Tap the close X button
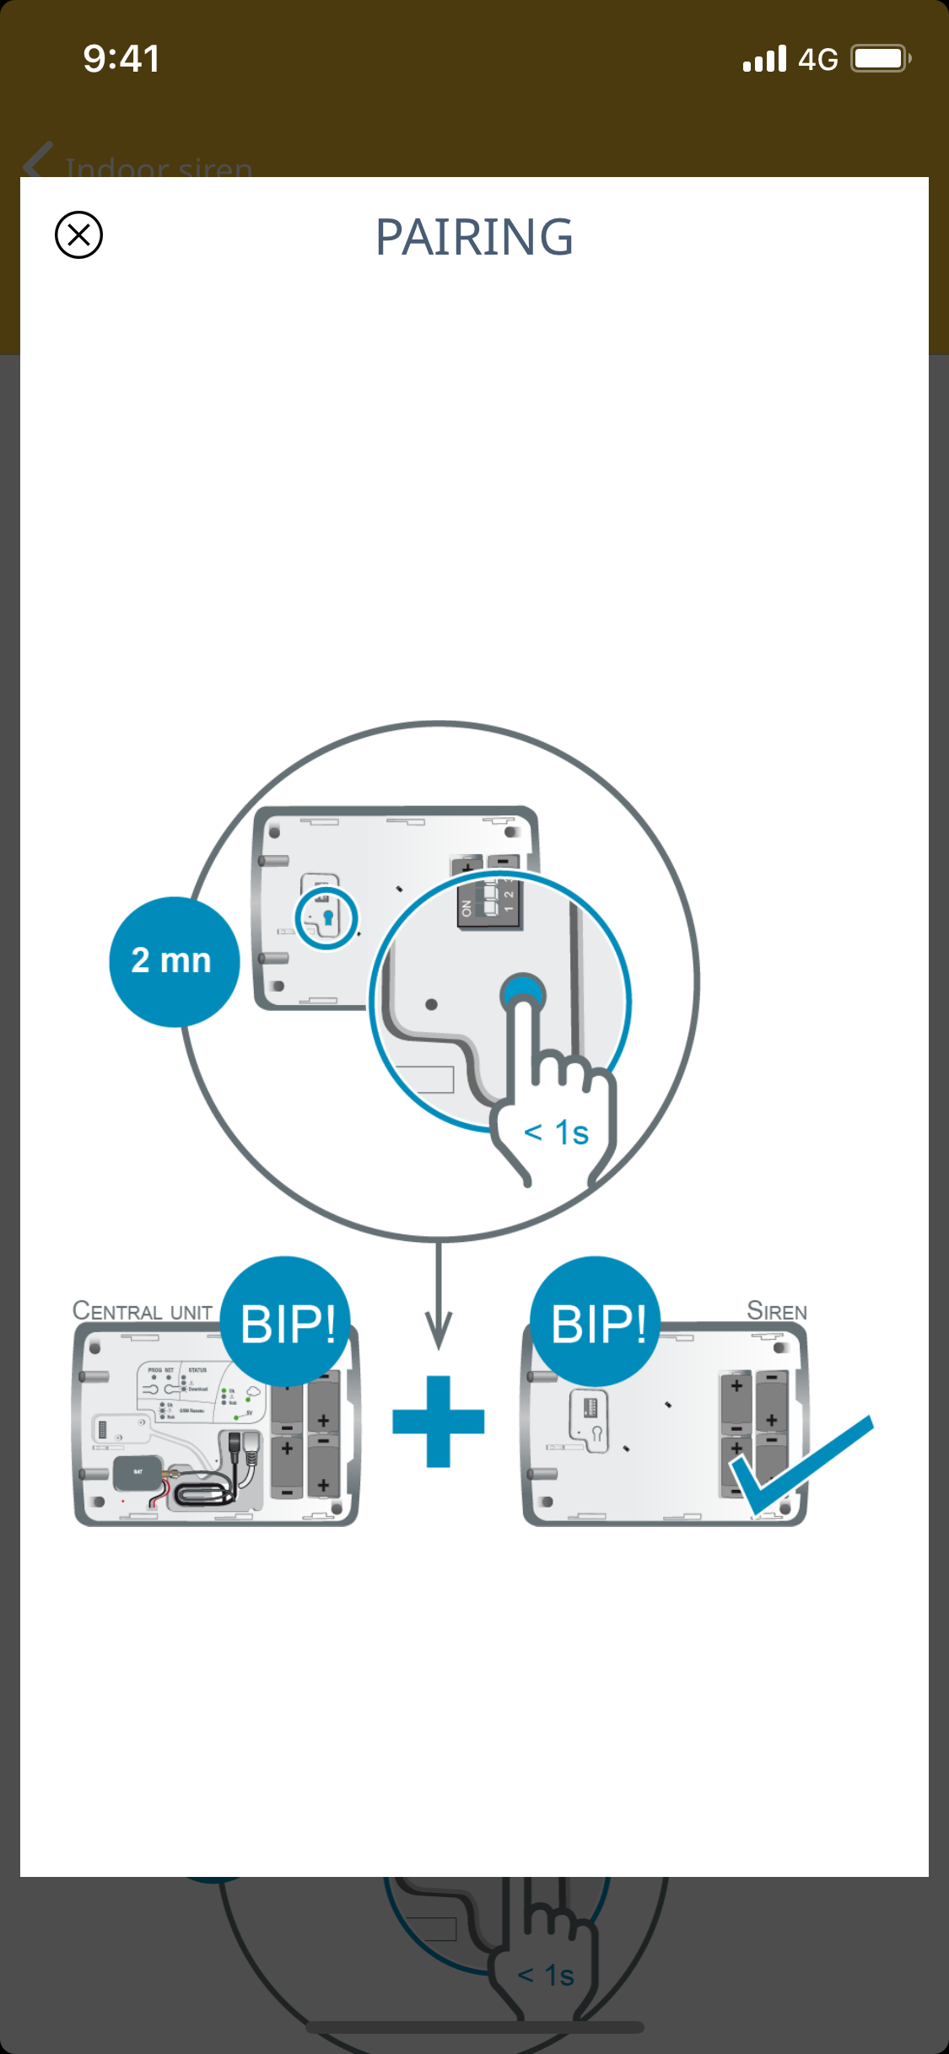click(x=78, y=234)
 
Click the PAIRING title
click(x=474, y=237)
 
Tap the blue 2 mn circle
click(x=174, y=961)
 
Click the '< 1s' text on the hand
click(x=556, y=1132)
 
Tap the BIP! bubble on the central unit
click(x=286, y=1322)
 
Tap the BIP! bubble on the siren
click(x=596, y=1322)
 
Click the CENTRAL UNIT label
click(x=142, y=1311)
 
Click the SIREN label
click(x=776, y=1311)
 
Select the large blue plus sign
click(x=439, y=1422)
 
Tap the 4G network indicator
click(x=817, y=60)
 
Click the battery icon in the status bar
click(x=880, y=59)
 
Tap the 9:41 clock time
click(x=121, y=59)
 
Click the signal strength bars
click(x=764, y=59)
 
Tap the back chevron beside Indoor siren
click(x=38, y=162)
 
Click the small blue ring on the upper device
click(x=326, y=918)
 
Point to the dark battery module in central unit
click(x=137, y=1472)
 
